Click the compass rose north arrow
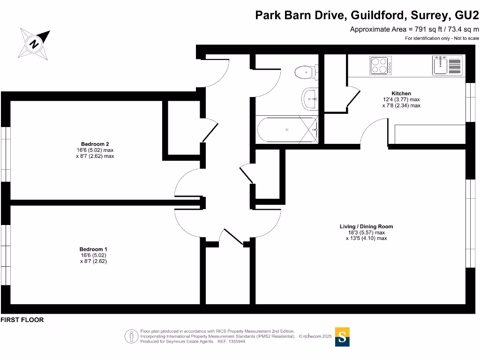(x=34, y=44)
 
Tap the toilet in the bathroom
(x=306, y=73)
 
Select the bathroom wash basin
(x=309, y=98)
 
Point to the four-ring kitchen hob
(x=380, y=65)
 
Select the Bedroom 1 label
(x=93, y=249)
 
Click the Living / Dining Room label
(x=366, y=226)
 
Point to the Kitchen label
(x=401, y=93)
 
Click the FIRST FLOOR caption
(x=22, y=320)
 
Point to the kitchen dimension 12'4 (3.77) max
(x=401, y=99)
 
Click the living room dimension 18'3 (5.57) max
(x=366, y=232)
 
